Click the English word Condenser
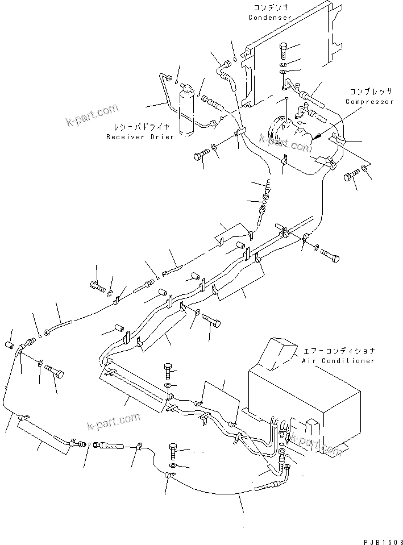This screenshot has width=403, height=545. coord(269,18)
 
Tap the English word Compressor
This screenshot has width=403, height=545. coord(369,102)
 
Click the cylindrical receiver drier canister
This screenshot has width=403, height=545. coord(186,113)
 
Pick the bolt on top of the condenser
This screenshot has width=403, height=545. coord(284,51)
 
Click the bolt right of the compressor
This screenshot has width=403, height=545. coord(349,181)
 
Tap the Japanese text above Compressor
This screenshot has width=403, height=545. coord(370,92)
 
